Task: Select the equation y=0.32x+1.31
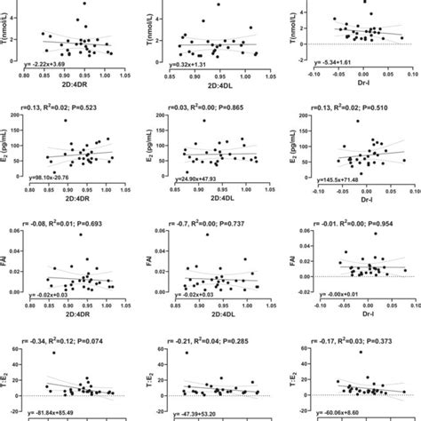[204, 64]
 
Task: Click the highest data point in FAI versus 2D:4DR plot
[81, 235]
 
